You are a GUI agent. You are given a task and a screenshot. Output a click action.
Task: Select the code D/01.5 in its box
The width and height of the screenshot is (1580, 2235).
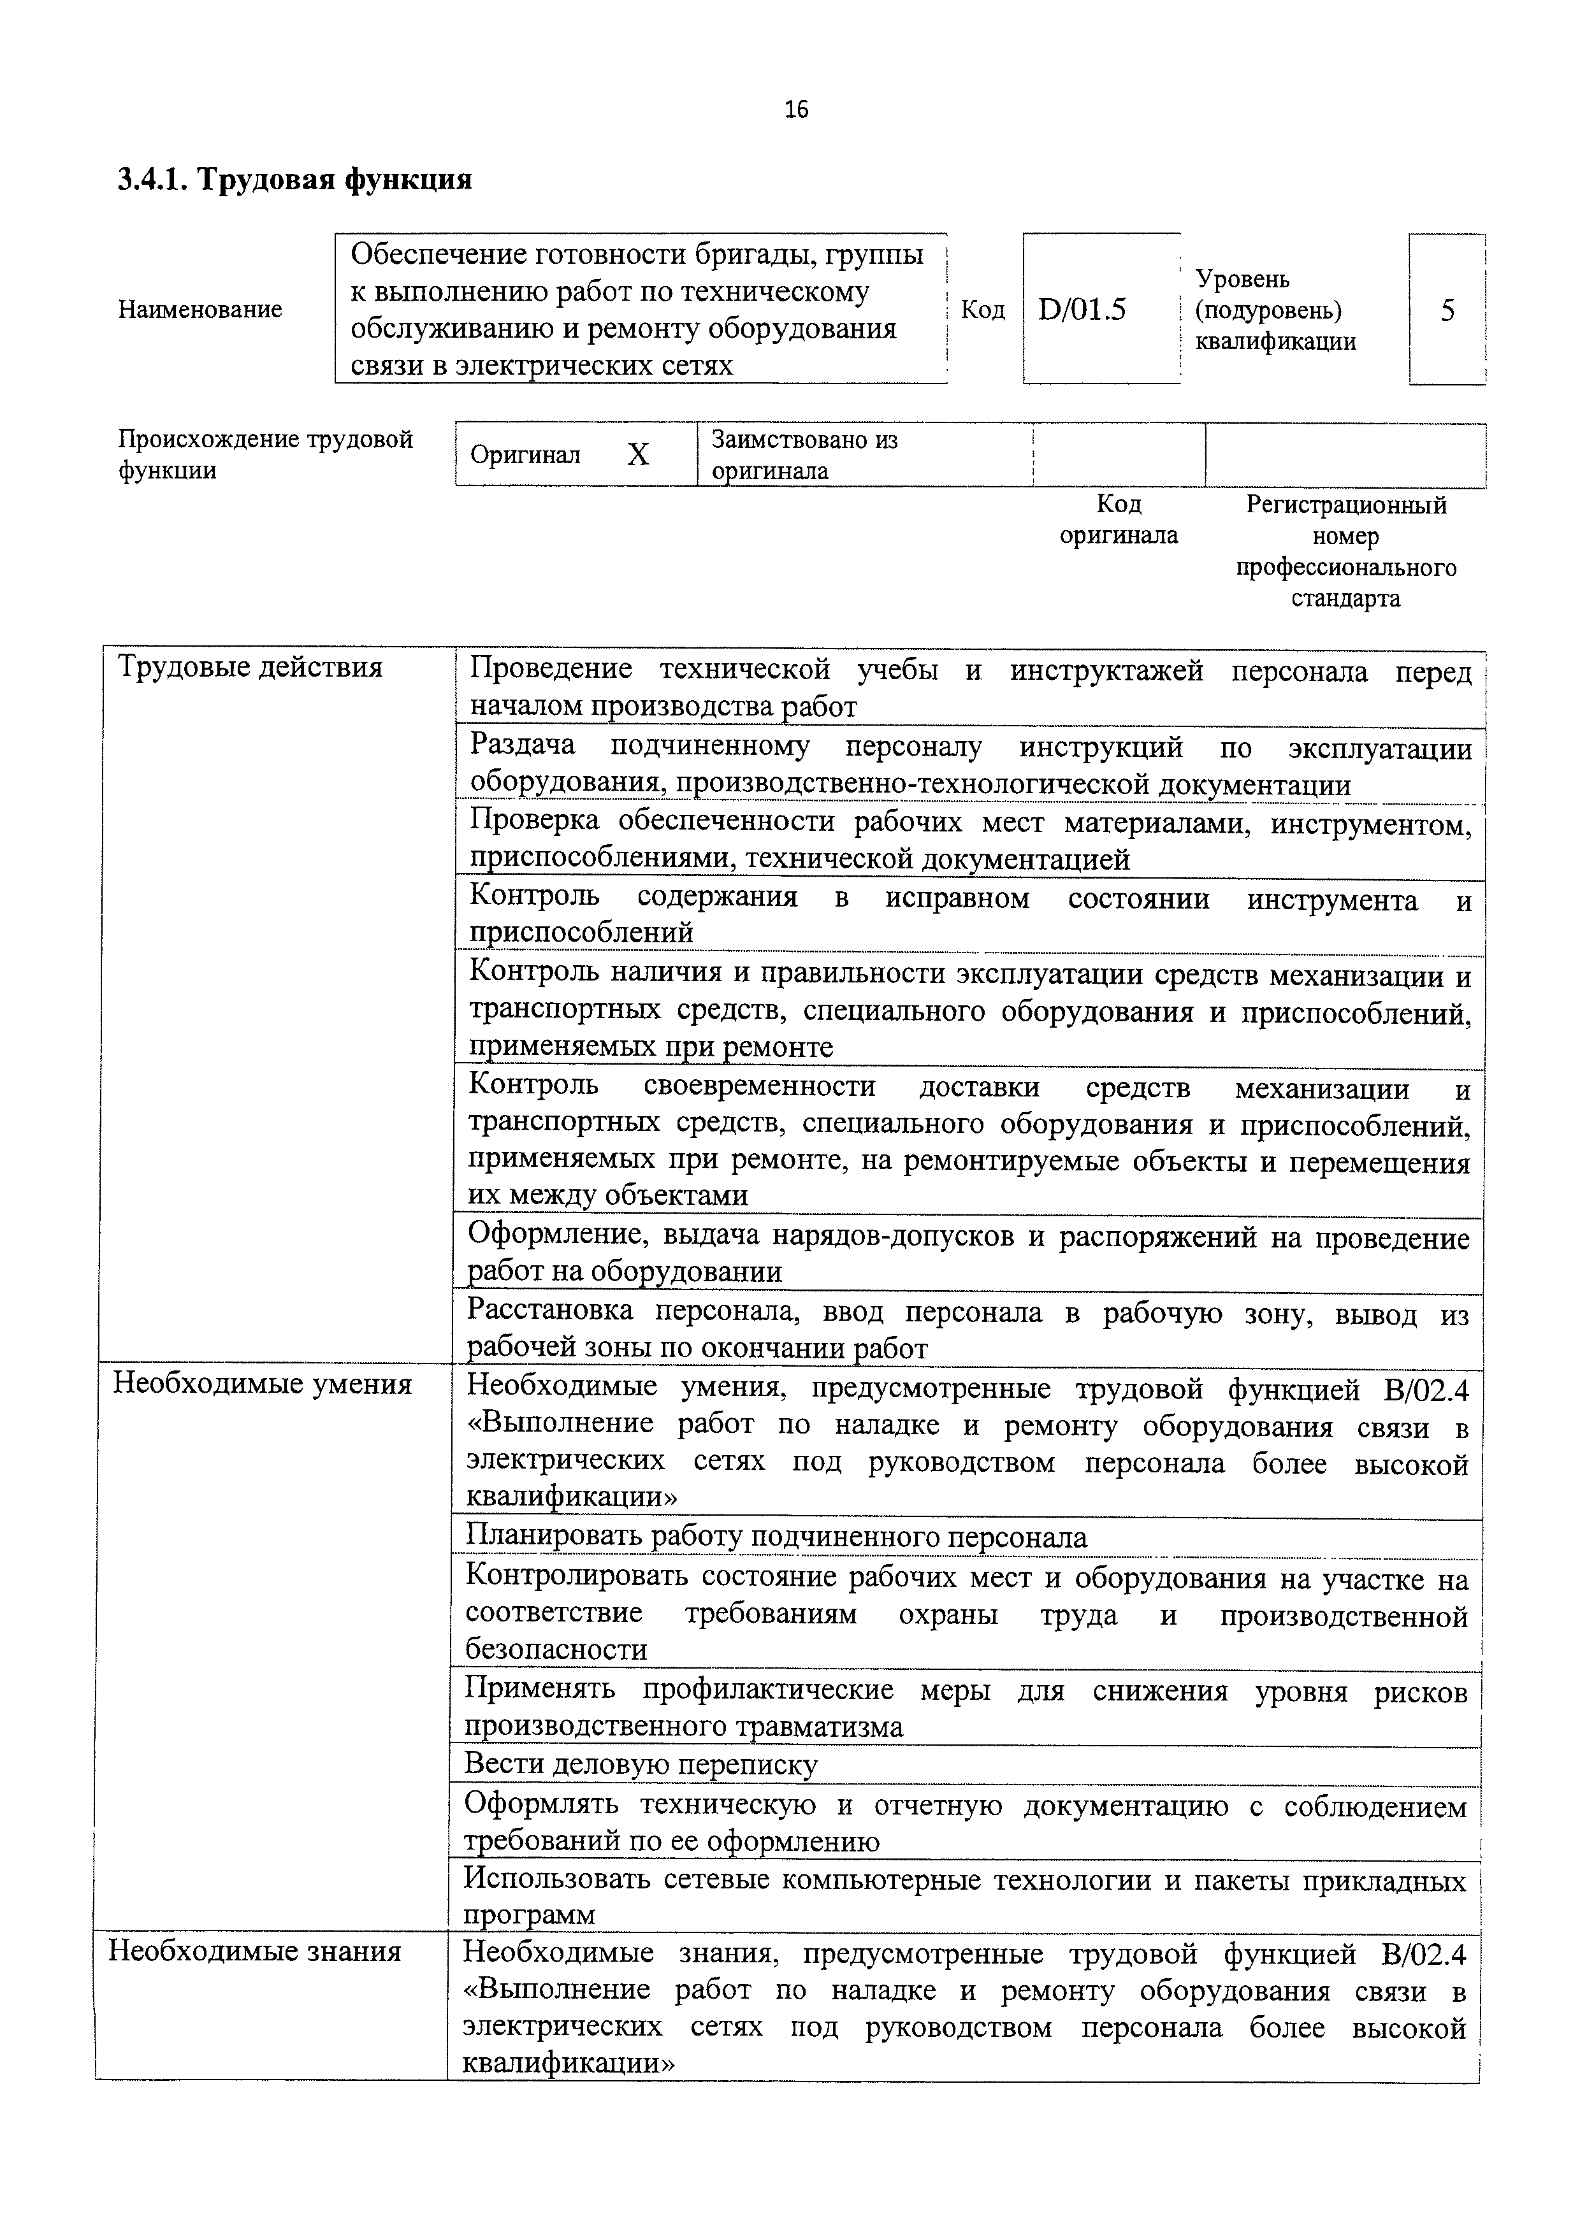[1082, 310]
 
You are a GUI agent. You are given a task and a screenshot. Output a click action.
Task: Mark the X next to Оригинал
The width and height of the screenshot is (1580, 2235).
[637, 455]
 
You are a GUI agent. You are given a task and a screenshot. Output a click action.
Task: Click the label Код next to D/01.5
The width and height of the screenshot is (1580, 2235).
[982, 310]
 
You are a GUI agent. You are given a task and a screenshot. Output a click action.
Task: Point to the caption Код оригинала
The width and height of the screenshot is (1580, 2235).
[1117, 520]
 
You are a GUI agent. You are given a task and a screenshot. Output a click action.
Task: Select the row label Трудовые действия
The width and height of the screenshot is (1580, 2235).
[249, 668]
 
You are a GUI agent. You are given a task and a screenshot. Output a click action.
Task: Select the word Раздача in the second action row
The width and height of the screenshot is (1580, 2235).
[522, 745]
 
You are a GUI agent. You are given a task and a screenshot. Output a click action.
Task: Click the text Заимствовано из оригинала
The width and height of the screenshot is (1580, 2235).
[804, 455]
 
